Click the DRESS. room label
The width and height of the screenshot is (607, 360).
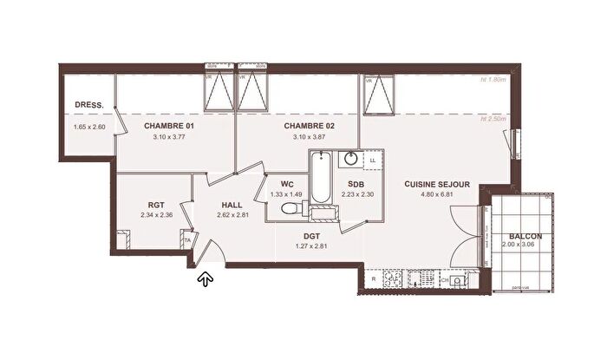pyautogui.click(x=89, y=105)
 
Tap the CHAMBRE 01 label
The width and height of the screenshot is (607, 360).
pyautogui.click(x=168, y=126)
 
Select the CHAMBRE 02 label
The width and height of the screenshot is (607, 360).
pyautogui.click(x=310, y=126)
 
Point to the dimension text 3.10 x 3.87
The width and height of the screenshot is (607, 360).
pyautogui.click(x=310, y=137)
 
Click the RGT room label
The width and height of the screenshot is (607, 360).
pyautogui.click(x=156, y=205)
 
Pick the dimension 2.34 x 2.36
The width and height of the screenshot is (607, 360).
pyautogui.click(x=156, y=215)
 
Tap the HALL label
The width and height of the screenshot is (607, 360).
pyautogui.click(x=232, y=205)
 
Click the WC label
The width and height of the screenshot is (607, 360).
pyautogui.click(x=288, y=184)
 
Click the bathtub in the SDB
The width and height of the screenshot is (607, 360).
pyautogui.click(x=319, y=182)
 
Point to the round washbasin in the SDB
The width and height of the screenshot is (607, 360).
pyautogui.click(x=352, y=159)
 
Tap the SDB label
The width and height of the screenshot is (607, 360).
pyautogui.click(x=356, y=184)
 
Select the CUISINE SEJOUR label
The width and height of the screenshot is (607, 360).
pyautogui.click(x=437, y=184)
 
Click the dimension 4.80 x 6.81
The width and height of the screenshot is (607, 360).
pyautogui.click(x=436, y=195)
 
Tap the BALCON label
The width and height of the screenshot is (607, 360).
pyautogui.click(x=525, y=236)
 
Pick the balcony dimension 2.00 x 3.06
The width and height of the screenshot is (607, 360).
pyautogui.click(x=525, y=246)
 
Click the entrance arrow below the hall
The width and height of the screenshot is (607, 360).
pyautogui.click(x=206, y=278)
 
